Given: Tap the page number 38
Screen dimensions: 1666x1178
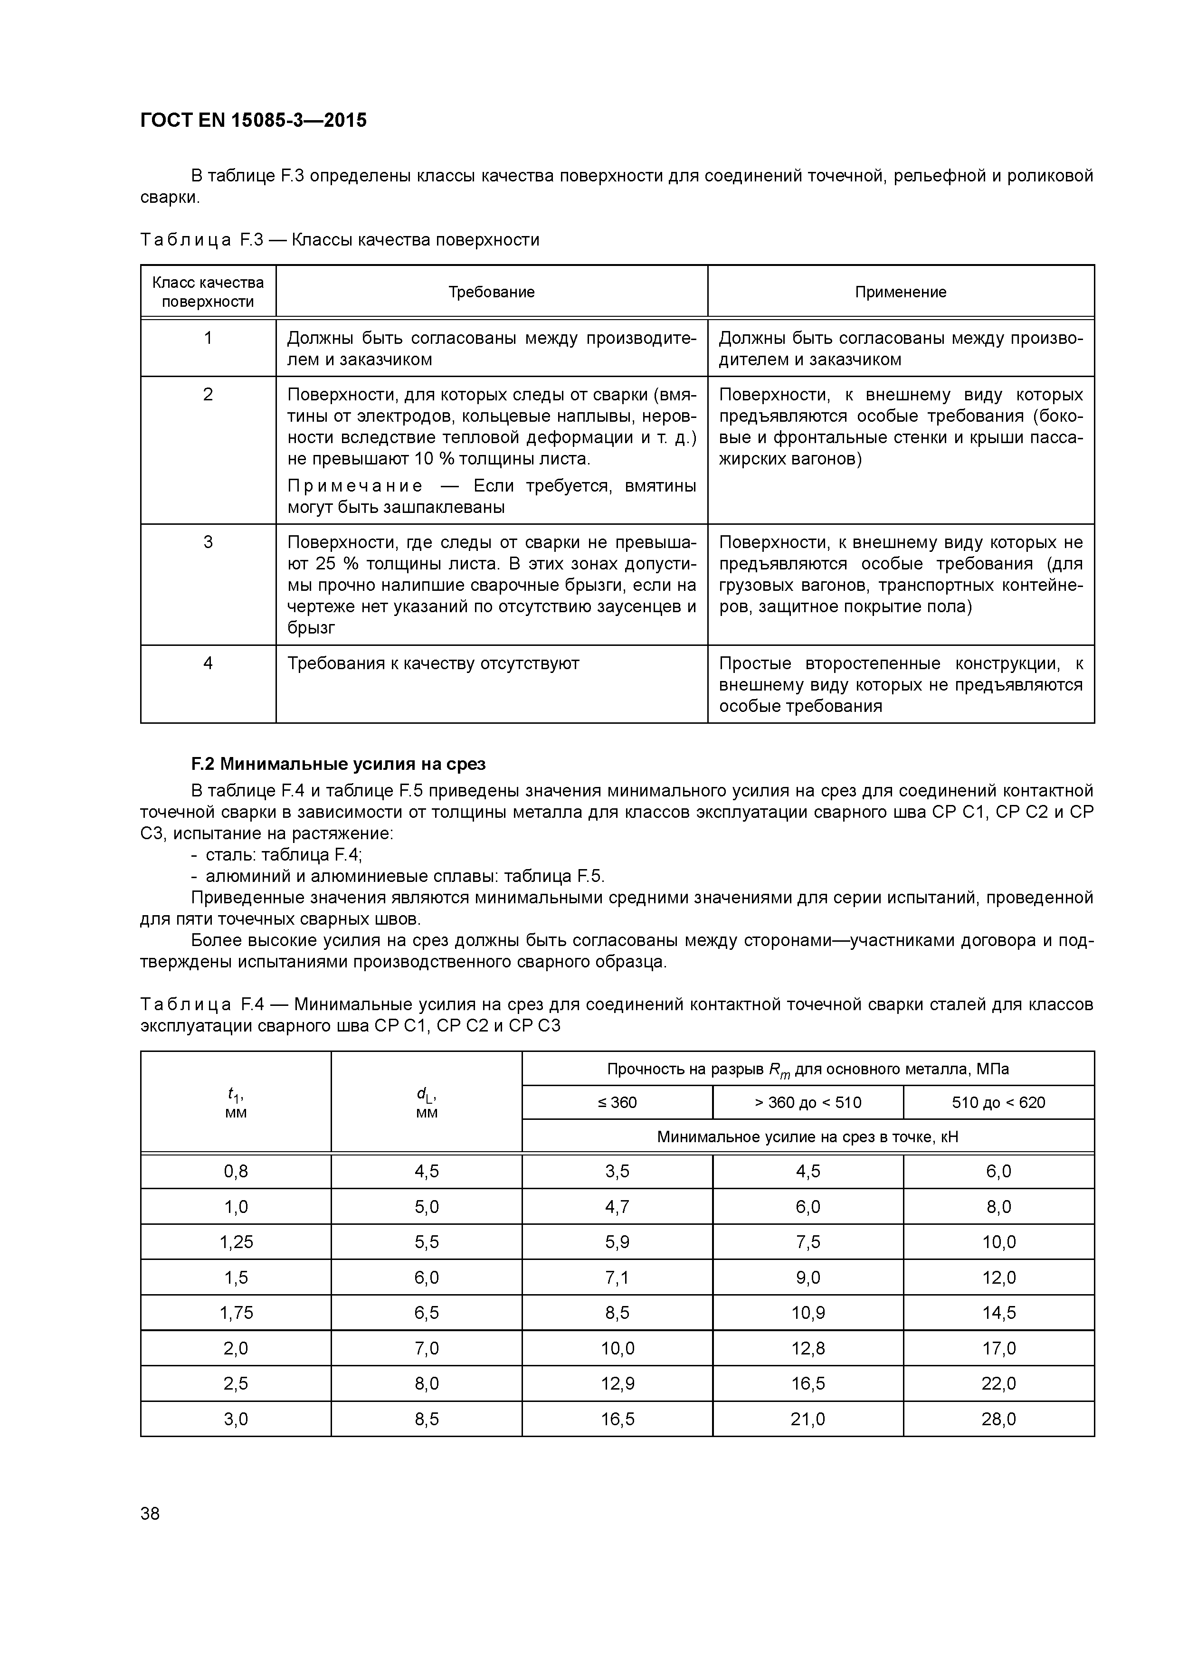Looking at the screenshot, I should [x=150, y=1513].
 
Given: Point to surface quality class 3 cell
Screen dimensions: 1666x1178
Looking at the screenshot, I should [x=209, y=542].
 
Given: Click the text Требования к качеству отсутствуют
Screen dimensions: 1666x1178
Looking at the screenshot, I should [x=433, y=663].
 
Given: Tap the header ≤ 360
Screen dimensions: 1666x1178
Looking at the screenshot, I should [x=617, y=1102].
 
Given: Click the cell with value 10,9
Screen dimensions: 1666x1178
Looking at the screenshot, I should [x=808, y=1313].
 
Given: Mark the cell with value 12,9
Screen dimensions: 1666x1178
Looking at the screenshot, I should [x=617, y=1383].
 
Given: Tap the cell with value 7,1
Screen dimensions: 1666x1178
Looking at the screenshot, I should [x=617, y=1277].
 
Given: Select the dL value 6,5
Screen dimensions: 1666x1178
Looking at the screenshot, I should [x=426, y=1313].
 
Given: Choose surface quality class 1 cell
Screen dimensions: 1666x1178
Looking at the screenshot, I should [x=209, y=338].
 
